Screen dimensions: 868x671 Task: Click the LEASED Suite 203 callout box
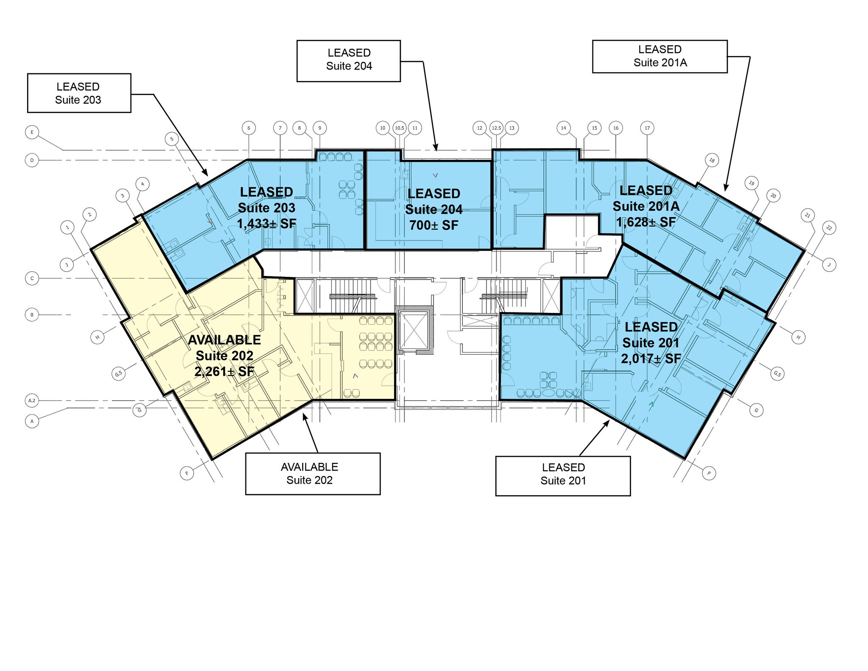(x=79, y=93)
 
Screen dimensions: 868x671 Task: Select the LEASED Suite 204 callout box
(x=348, y=61)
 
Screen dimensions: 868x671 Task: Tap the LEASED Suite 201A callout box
(x=659, y=56)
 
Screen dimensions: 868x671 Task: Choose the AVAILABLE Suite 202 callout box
(x=313, y=473)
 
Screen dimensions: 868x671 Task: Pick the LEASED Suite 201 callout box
(x=563, y=476)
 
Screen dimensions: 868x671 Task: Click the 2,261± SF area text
(x=224, y=372)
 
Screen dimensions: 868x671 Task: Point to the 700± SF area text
(x=434, y=225)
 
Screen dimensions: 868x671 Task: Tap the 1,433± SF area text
(x=267, y=223)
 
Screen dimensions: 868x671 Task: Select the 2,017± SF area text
(x=651, y=359)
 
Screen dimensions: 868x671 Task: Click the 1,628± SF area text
(x=646, y=222)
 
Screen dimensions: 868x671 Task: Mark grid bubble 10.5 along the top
(x=399, y=128)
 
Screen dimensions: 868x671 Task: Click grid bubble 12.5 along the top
(x=496, y=128)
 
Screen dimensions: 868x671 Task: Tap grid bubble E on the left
(x=32, y=132)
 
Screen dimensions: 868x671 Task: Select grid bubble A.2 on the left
(x=32, y=400)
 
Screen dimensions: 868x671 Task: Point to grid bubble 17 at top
(x=647, y=128)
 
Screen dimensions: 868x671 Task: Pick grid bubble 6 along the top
(x=249, y=128)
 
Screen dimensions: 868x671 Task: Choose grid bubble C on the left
(x=32, y=278)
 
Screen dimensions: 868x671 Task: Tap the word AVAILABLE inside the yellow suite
(x=224, y=340)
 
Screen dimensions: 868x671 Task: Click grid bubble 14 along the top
(x=563, y=128)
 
